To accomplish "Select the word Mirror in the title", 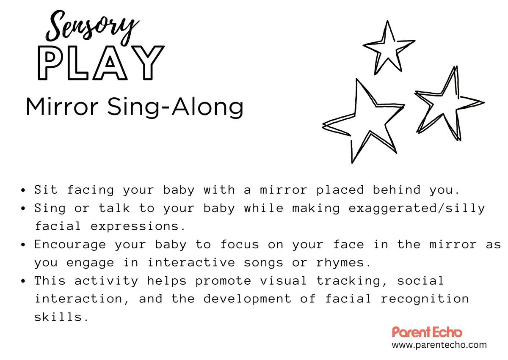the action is pos(62,107).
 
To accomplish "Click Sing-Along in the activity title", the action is pos(175,107).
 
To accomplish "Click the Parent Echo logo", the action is pos(427,332).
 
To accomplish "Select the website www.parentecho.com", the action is pos(439,345).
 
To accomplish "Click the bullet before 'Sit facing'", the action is pos(23,190).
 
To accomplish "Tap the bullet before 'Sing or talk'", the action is pos(23,209).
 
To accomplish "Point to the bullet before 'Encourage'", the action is pos(23,245).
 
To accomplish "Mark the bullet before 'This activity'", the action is pos(23,281).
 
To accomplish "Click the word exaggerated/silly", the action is pos(417,209).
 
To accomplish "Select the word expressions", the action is pos(138,226).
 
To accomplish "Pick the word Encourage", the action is pos(70,245).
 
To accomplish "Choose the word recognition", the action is pos(425,299).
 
